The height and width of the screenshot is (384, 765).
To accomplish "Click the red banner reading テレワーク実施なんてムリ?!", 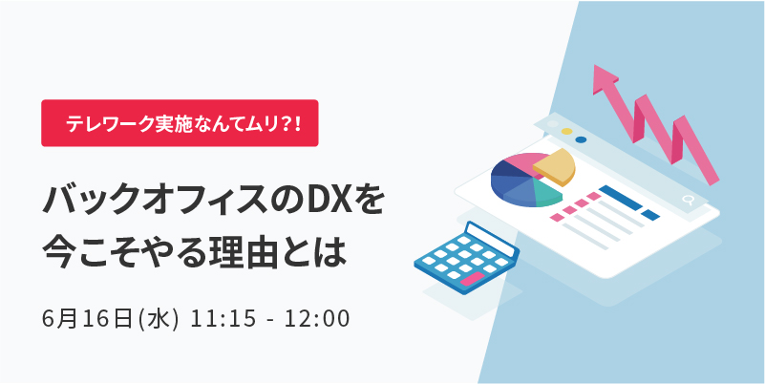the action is [180, 123].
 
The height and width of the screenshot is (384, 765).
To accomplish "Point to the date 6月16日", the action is [88, 320].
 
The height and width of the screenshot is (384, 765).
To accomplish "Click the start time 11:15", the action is [223, 320].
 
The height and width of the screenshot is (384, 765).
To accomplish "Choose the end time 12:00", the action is [318, 320].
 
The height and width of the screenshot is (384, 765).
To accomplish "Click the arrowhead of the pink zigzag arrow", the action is [606, 79].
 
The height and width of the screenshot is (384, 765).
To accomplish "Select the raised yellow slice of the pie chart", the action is [555, 167].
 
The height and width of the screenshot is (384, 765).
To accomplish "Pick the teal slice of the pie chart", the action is [546, 193].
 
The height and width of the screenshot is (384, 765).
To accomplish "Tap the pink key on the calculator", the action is [469, 279].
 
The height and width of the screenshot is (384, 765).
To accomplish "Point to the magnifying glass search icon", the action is [688, 200].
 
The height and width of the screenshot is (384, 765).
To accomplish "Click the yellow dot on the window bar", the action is [566, 131].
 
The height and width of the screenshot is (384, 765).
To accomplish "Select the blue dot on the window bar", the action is [581, 139].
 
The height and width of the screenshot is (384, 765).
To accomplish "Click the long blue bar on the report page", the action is [620, 198].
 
